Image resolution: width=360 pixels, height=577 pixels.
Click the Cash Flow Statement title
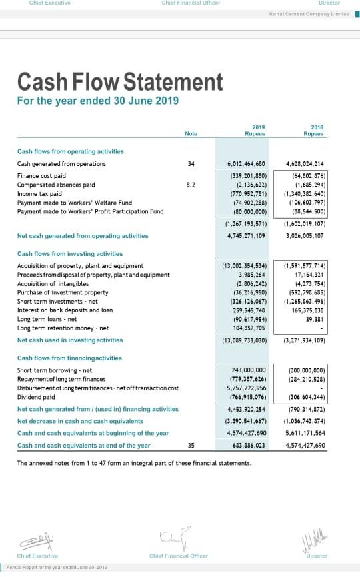(120, 82)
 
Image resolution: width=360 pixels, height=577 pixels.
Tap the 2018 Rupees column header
(313, 131)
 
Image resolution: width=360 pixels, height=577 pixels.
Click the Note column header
(191, 134)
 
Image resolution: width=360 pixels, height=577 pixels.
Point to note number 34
(191, 163)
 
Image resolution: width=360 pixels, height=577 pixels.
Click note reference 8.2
(191, 185)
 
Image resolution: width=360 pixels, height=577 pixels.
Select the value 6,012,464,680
(247, 163)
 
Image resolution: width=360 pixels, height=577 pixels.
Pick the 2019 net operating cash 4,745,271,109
(247, 235)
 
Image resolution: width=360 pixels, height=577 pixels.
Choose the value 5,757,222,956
(247, 388)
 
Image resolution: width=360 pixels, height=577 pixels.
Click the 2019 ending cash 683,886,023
(248, 446)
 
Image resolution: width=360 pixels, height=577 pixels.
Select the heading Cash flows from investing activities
(70, 254)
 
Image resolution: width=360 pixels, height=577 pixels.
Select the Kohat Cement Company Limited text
(309, 13)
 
